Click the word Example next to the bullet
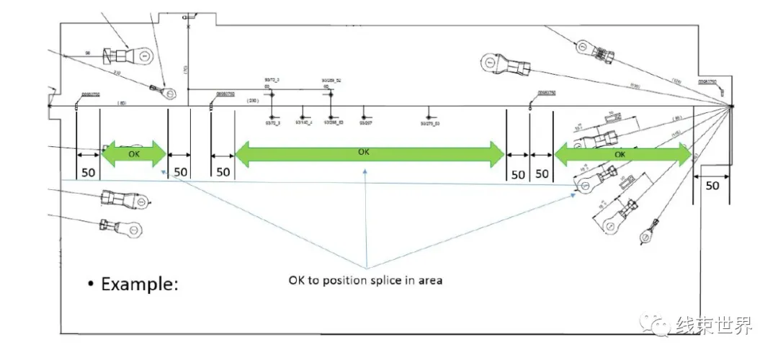140,283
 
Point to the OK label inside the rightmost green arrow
620,154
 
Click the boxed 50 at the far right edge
712,185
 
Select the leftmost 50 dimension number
88,172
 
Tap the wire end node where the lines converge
730,107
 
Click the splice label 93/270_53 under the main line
430,124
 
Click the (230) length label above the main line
253,101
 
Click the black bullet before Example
91,284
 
